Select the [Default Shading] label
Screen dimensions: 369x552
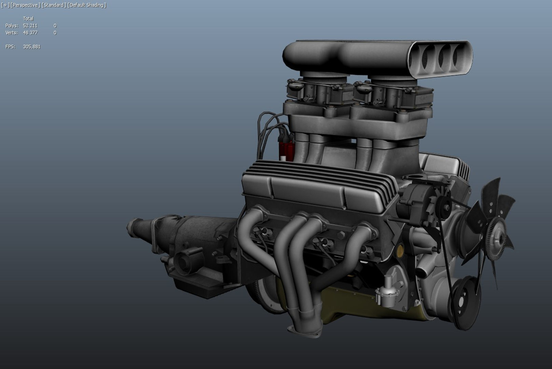(87, 5)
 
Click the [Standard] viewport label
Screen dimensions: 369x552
(54, 5)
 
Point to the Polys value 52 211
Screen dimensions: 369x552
(30, 26)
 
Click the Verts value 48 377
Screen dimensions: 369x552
(30, 33)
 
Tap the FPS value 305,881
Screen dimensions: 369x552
(31, 47)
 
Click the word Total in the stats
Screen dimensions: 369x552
(28, 19)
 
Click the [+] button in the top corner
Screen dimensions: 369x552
(5, 5)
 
